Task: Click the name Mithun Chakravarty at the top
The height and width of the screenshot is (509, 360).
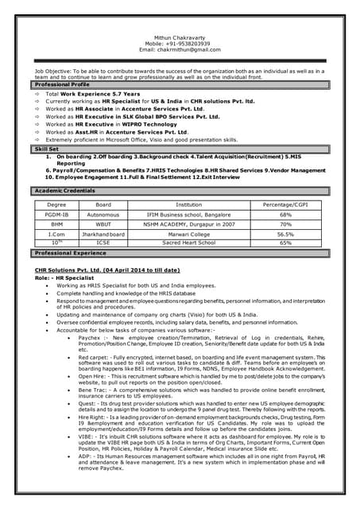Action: tap(180, 36)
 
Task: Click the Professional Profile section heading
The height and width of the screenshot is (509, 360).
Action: tap(62, 84)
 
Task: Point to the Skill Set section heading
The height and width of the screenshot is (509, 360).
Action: tap(47, 149)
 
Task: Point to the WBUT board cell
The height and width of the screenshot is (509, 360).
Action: tap(103, 224)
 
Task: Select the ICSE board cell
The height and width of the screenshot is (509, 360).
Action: tap(103, 243)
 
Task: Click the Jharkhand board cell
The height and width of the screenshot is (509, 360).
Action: tap(103, 235)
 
